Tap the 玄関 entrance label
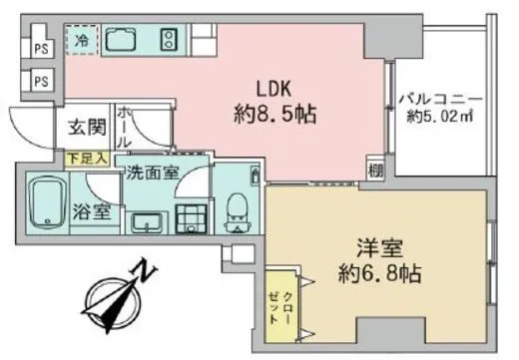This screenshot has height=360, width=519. pos(87,128)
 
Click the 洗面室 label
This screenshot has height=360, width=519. pos(152,172)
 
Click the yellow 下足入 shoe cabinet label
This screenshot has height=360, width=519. pos(86,157)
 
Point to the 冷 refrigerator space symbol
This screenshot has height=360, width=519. pos(84,41)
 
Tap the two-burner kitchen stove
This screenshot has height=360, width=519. pos(168,41)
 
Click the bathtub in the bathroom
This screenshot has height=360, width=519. pos(44,203)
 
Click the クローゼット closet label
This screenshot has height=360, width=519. pos(280,302)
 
